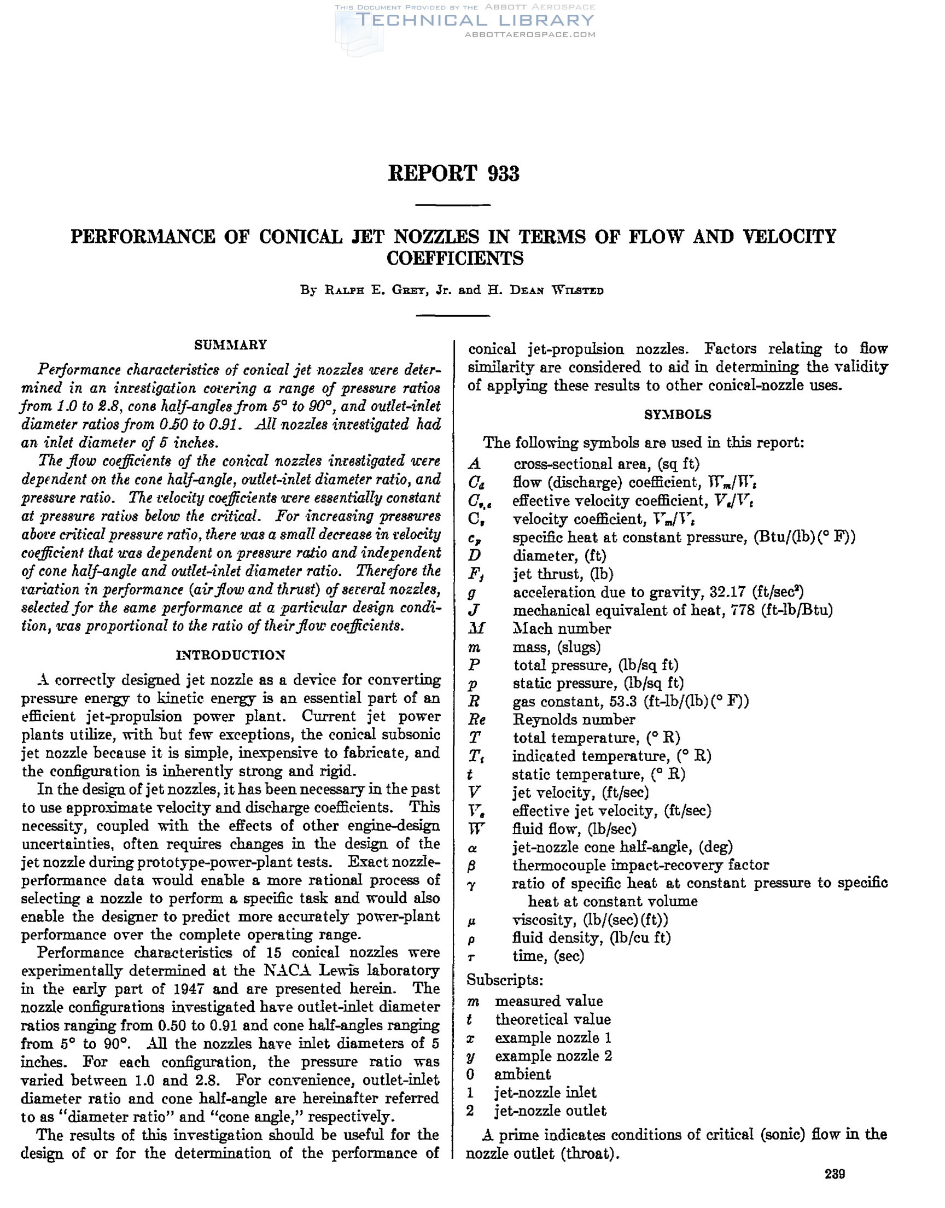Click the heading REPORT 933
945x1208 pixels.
click(x=454, y=174)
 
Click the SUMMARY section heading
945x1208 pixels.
click(x=231, y=345)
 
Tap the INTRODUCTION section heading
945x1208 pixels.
click(x=231, y=656)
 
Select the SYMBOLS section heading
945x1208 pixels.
click(x=678, y=415)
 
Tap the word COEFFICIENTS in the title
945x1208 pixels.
click(x=455, y=259)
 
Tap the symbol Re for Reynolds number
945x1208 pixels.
click(x=477, y=720)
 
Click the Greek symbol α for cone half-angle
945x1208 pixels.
click(x=474, y=848)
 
